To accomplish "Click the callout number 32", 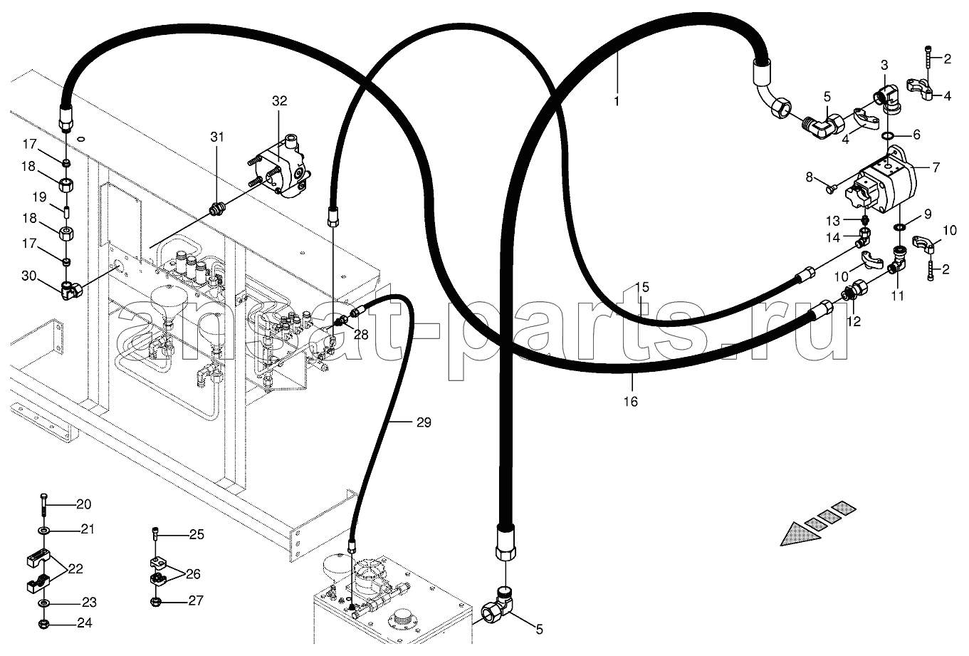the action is [280, 101].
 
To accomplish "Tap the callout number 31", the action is [217, 137].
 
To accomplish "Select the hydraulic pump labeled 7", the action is [880, 182].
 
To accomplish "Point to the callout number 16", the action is [631, 402].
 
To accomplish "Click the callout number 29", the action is [424, 422].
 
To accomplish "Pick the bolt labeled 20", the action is [43, 504].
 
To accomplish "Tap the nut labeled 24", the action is [43, 624].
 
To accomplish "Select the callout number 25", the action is [197, 534].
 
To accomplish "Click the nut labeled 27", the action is [155, 601].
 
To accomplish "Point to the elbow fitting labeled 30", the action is [71, 290].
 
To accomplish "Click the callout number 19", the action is [39, 197].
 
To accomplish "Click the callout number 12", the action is [854, 321].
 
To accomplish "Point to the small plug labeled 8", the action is [832, 189].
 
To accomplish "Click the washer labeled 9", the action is [901, 228].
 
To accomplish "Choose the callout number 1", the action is [617, 101].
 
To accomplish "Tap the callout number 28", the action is [361, 335].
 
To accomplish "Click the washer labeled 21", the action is [43, 530].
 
